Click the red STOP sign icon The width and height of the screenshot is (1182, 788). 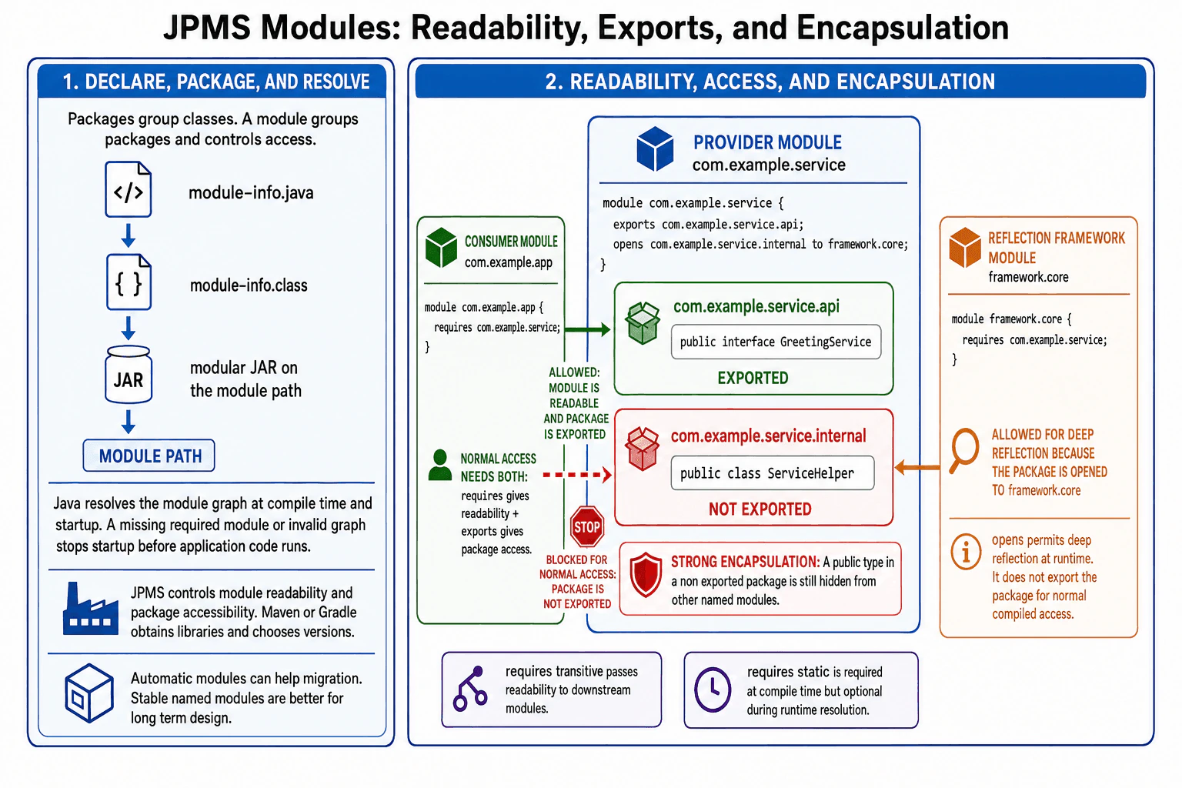(587, 526)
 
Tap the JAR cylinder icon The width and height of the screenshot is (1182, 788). (129, 374)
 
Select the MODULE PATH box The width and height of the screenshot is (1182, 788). (149, 456)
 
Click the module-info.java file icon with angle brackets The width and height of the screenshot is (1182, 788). (129, 189)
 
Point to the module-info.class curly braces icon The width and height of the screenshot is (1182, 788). (129, 282)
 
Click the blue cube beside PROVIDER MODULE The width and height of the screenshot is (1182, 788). (655, 149)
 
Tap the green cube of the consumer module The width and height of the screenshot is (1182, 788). (441, 248)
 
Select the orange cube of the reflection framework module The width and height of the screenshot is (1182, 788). (964, 247)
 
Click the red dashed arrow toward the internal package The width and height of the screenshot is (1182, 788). (577, 475)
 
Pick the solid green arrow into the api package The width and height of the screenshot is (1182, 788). (587, 330)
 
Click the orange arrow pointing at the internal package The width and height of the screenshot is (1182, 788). (917, 467)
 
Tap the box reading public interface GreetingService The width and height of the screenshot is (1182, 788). (776, 342)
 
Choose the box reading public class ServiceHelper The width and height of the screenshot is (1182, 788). (773, 473)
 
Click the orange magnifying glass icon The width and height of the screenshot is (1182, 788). (963, 450)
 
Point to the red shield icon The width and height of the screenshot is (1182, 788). (646, 575)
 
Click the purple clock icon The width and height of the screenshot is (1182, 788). (713, 689)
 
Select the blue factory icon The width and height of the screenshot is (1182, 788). (90, 609)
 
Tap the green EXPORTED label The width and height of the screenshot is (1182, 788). (753, 378)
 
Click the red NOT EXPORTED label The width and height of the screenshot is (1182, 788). (760, 509)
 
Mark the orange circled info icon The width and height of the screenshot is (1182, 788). (966, 552)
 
